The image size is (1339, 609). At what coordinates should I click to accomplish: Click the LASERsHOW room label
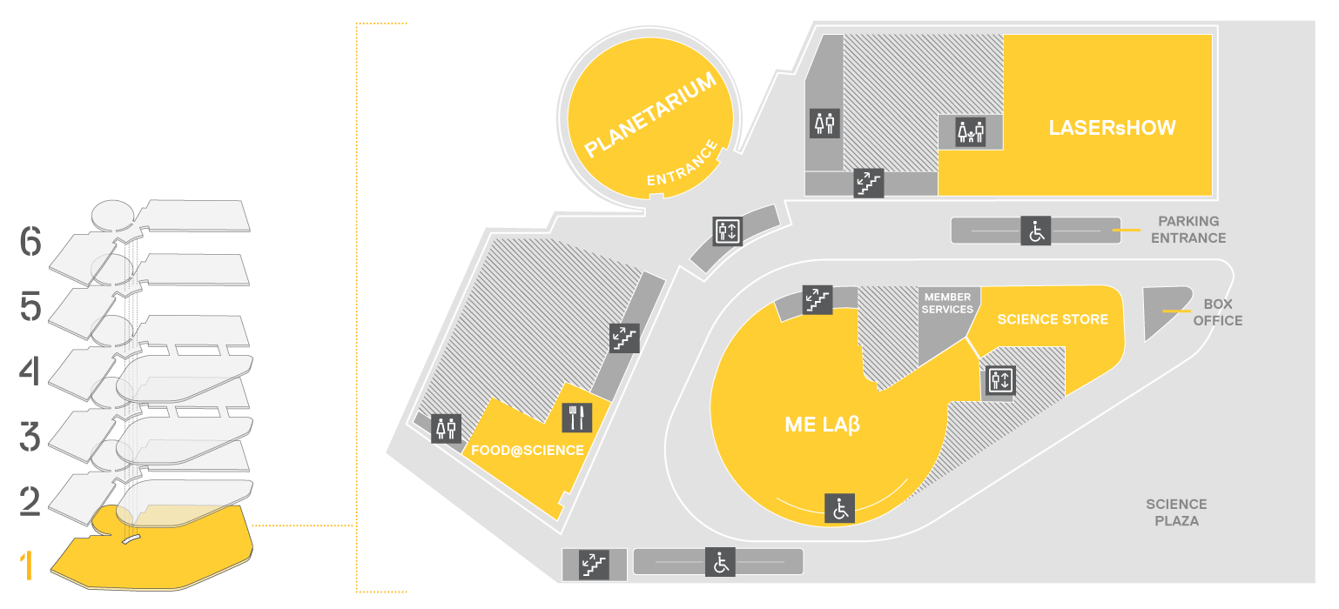(x=1112, y=128)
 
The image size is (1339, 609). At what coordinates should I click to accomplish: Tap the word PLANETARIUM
(x=650, y=114)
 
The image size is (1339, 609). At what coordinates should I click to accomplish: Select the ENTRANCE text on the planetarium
(x=682, y=163)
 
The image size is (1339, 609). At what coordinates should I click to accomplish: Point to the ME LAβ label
(x=822, y=425)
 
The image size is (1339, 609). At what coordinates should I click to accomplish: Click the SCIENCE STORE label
(x=1053, y=319)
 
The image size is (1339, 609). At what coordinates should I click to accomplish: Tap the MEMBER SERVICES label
(x=947, y=304)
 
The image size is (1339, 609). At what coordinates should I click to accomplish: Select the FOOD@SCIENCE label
(x=528, y=450)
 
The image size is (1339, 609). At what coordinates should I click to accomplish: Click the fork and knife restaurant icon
(x=577, y=418)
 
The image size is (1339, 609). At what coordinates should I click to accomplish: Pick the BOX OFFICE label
(x=1218, y=312)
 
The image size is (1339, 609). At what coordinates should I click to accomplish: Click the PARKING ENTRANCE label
(x=1188, y=230)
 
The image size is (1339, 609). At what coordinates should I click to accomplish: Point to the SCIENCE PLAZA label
(x=1176, y=513)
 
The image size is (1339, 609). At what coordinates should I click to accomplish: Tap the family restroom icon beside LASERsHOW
(x=970, y=132)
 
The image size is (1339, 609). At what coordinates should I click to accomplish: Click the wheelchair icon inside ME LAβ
(x=839, y=509)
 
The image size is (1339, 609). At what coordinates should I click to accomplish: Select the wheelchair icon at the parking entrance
(x=1036, y=231)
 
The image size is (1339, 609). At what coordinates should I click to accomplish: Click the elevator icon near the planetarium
(x=728, y=231)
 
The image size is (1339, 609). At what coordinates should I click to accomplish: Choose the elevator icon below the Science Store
(x=1000, y=380)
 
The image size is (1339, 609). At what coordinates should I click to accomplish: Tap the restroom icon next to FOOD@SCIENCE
(x=446, y=429)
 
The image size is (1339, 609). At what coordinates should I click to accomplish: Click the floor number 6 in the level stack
(x=30, y=241)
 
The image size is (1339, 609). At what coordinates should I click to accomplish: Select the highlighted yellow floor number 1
(x=26, y=565)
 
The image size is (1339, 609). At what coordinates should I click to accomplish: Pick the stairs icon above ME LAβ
(x=818, y=300)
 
